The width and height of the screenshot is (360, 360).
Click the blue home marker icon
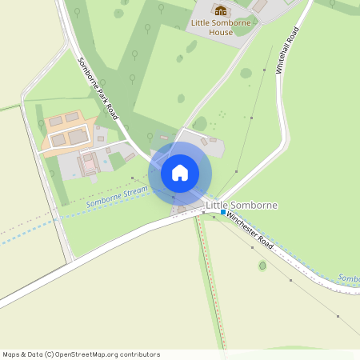(180, 173)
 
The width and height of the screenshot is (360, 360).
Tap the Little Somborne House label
(220, 27)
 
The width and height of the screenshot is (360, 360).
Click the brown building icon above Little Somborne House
(220, 11)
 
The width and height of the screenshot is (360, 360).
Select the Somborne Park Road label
(98, 88)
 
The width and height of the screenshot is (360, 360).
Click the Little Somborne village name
(242, 206)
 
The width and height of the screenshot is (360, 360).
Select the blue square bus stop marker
(223, 212)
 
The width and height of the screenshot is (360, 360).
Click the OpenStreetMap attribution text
(81, 354)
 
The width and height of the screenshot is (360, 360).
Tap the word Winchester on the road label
(242, 225)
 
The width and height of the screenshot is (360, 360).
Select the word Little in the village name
(216, 206)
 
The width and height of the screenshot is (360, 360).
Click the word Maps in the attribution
(11, 354)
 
